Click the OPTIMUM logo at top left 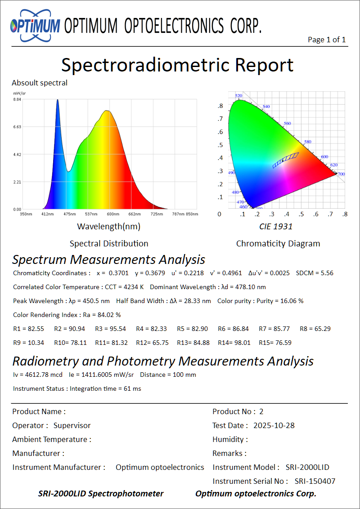(x=35, y=26)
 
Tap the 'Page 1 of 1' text (x=327, y=40)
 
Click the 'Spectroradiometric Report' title (x=177, y=65)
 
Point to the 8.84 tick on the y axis (x=17, y=99)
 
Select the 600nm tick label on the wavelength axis (x=113, y=214)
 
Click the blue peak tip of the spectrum (x=58, y=100)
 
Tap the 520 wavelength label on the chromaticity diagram (x=238, y=96)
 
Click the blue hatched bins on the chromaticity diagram (x=285, y=160)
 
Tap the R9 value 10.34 (x=36, y=343)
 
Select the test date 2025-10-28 (x=274, y=425)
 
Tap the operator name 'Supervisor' (x=72, y=425)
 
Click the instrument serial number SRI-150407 (x=315, y=481)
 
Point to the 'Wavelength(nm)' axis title (x=108, y=226)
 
